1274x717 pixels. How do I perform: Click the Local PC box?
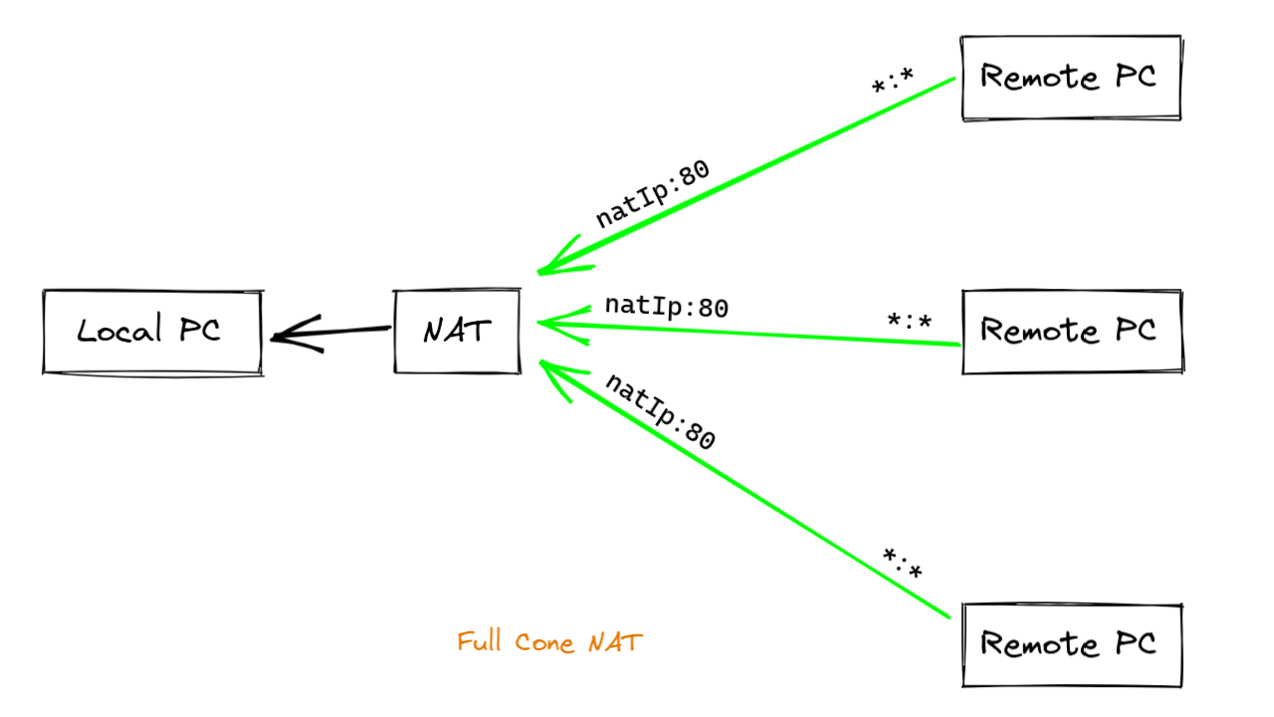(151, 332)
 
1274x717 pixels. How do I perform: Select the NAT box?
(457, 332)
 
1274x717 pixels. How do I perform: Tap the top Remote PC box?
(1071, 78)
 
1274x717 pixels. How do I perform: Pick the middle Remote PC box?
(1071, 332)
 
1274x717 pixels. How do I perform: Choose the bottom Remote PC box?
(1071, 644)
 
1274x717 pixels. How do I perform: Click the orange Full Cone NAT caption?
(549, 642)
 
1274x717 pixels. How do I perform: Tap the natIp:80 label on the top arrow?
(653, 193)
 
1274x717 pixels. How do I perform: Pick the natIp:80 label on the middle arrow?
(667, 307)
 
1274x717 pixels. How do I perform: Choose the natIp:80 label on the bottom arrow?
(660, 411)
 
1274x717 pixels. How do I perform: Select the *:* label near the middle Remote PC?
(909, 322)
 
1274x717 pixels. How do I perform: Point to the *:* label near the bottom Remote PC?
(902, 565)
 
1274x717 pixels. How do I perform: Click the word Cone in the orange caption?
(544, 643)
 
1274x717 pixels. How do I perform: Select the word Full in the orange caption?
(480, 642)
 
